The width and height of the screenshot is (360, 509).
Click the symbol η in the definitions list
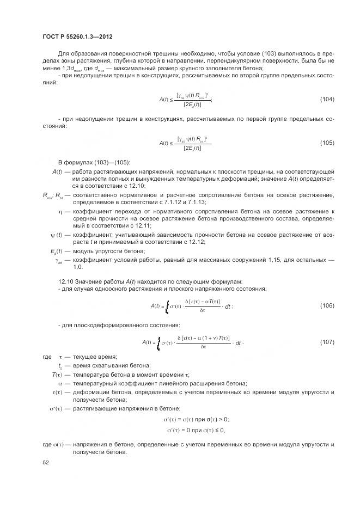point(60,211)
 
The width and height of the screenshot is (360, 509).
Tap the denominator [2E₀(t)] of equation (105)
point(189,147)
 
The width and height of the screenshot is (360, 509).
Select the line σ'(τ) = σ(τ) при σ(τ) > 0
point(196,419)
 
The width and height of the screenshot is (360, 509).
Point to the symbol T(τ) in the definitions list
point(58,375)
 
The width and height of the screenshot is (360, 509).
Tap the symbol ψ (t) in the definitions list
point(56,235)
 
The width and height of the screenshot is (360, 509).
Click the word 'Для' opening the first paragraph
point(64,54)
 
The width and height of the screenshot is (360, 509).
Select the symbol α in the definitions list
point(60,383)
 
